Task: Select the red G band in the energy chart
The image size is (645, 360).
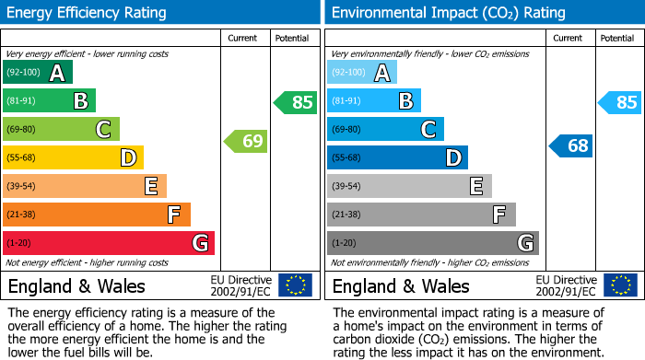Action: point(109,243)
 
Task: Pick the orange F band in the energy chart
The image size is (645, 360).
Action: point(97,215)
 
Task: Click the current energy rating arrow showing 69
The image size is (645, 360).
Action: point(246,142)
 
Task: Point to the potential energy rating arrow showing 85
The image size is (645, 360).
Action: point(296,102)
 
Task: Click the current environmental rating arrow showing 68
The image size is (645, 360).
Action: point(570,145)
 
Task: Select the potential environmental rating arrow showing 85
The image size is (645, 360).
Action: point(619,102)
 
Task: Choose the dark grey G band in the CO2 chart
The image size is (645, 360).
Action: point(433,243)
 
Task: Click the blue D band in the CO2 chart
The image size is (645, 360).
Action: point(397,158)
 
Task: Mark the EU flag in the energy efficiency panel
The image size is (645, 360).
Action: point(295,285)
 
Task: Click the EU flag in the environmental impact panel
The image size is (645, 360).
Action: point(619,285)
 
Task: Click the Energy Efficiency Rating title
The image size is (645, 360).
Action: point(88,13)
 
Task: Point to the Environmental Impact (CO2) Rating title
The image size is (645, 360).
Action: point(449,13)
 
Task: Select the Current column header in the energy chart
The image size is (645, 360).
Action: point(243,38)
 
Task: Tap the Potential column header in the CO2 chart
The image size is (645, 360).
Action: point(616,38)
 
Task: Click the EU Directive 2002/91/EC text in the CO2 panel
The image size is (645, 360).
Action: point(566,285)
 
